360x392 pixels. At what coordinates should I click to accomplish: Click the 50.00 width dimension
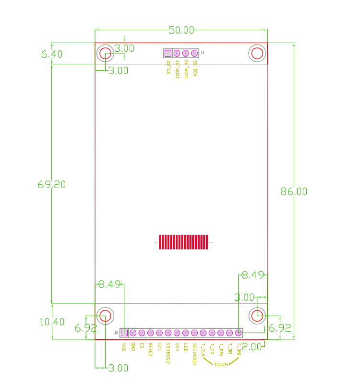click(181, 30)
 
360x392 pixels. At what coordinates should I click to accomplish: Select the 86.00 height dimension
click(294, 191)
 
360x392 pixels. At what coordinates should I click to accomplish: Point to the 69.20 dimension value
click(51, 185)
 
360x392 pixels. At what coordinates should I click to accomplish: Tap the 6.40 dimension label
click(52, 55)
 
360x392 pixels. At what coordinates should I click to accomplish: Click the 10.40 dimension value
click(52, 322)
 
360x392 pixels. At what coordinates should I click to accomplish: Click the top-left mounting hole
click(105, 53)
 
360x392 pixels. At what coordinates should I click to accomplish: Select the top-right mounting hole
click(257, 53)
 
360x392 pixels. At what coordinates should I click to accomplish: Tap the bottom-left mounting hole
click(105, 315)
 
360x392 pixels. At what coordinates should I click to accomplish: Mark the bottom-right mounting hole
click(257, 315)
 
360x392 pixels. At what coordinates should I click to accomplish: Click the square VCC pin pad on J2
click(124, 333)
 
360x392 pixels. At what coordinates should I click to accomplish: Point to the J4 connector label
click(202, 53)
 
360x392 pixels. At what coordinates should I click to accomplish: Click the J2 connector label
click(116, 333)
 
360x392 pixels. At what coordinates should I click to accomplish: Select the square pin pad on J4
click(168, 53)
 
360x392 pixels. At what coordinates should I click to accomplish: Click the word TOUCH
click(221, 365)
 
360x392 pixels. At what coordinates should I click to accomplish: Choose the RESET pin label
click(150, 349)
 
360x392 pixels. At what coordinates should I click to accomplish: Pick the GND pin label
click(133, 346)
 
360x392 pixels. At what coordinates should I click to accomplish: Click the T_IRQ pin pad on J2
click(238, 333)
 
